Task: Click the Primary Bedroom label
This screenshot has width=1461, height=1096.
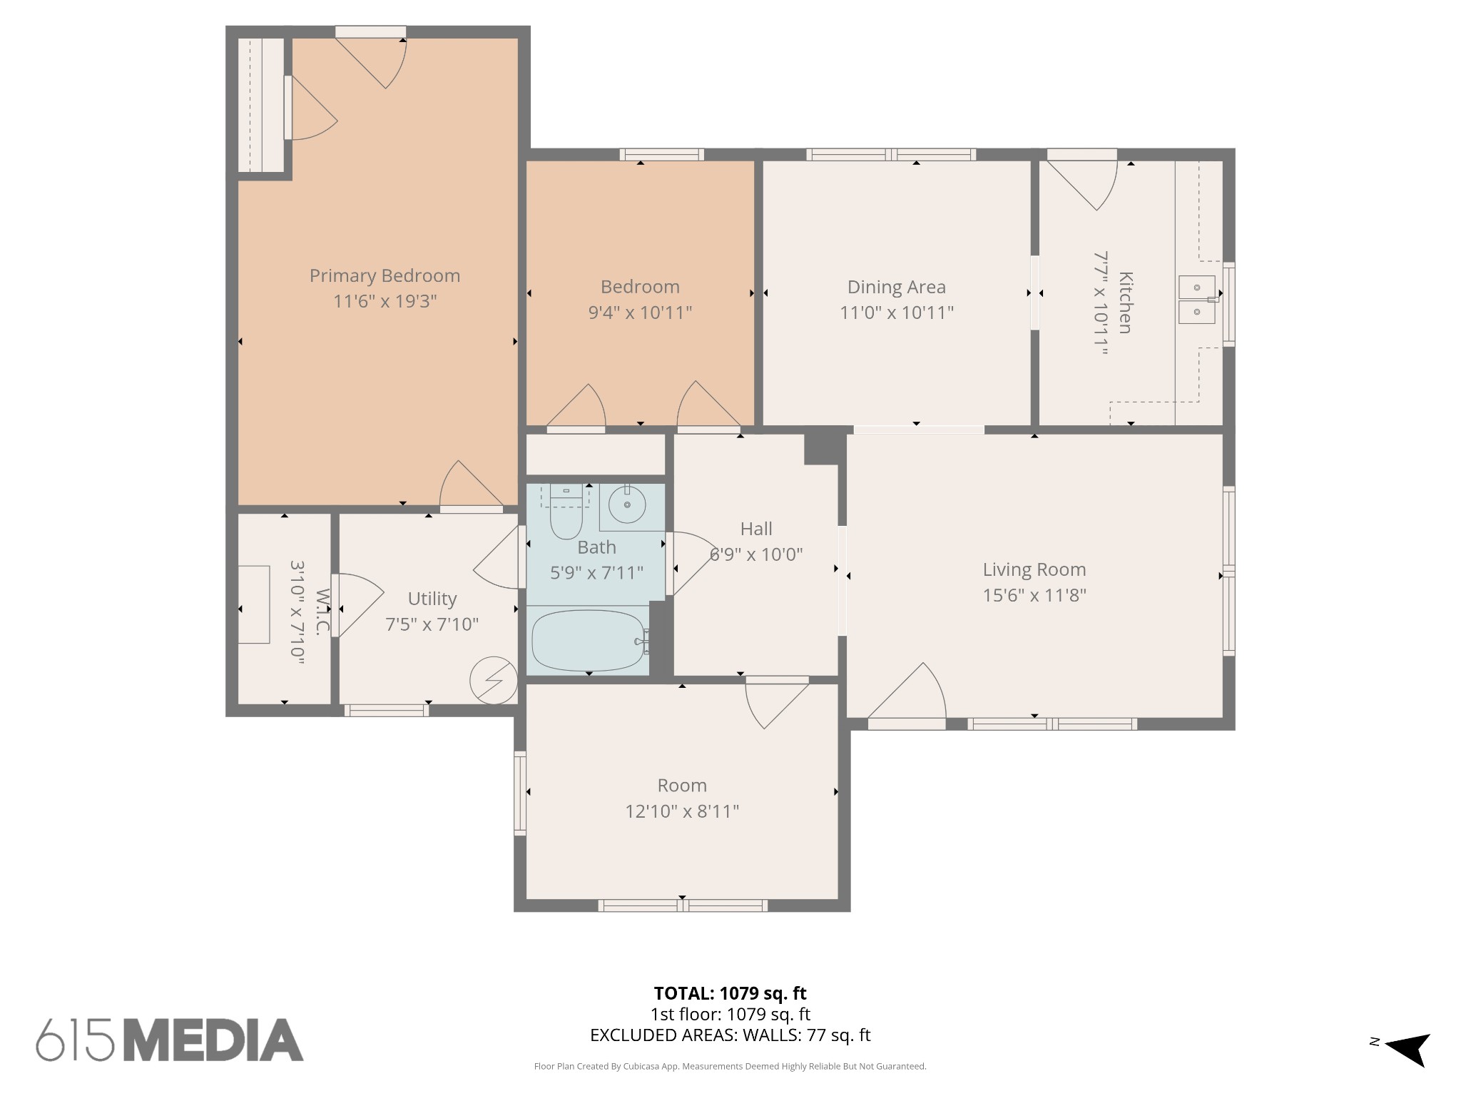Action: [x=385, y=275]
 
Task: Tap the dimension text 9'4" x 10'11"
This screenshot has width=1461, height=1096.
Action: [x=640, y=313]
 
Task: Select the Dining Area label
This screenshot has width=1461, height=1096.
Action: [x=896, y=287]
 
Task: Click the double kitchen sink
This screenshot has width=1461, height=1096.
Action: [x=1196, y=300]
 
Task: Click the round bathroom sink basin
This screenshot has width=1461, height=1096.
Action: [x=627, y=505]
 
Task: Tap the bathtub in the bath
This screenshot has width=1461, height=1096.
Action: [x=589, y=640]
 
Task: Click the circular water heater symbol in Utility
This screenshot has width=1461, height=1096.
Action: [x=494, y=681]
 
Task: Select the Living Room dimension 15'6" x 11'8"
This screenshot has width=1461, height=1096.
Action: [x=1034, y=595]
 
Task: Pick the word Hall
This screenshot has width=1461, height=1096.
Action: [x=756, y=529]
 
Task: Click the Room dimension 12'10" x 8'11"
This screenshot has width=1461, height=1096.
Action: [x=682, y=811]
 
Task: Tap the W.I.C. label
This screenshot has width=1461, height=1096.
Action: [x=322, y=612]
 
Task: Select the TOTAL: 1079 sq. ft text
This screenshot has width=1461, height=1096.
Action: [x=730, y=993]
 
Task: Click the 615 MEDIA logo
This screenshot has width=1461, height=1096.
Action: [x=170, y=1040]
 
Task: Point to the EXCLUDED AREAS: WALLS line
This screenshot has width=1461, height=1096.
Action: [x=730, y=1035]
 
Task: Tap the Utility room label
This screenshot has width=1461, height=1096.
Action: [x=432, y=599]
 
